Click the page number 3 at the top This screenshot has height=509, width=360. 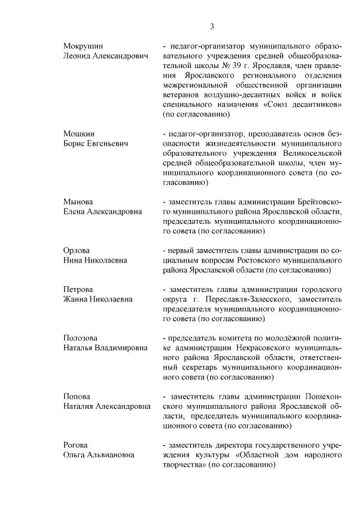click(x=213, y=26)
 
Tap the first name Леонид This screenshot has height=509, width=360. click(x=78, y=56)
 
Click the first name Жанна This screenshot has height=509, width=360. click(x=76, y=299)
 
